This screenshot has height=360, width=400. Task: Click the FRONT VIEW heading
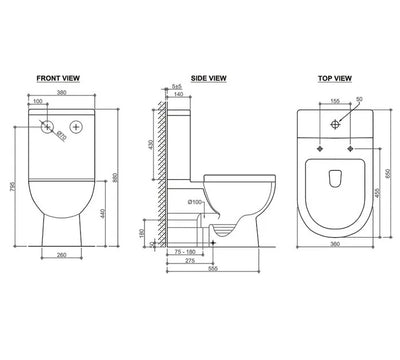tap(59, 76)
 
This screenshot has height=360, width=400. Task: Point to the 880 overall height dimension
tap(118, 178)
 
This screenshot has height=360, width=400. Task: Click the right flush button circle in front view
tap(73, 128)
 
